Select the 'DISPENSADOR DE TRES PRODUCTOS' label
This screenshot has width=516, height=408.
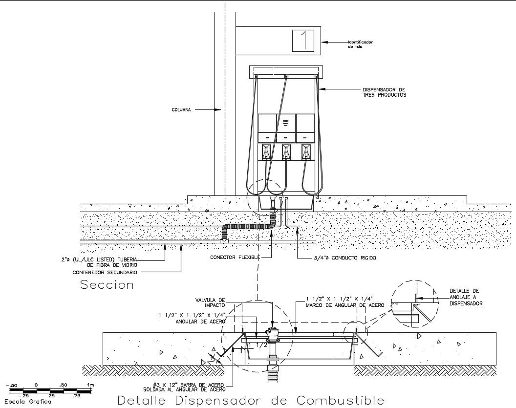pos(384,92)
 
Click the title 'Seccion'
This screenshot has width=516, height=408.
pos(107,285)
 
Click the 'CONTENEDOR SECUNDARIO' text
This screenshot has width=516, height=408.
pos(106,272)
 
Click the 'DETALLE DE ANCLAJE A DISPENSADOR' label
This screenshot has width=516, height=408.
pos(466,297)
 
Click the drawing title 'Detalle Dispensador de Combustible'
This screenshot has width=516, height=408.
pos(251,400)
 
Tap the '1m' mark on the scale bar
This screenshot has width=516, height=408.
pos(90,386)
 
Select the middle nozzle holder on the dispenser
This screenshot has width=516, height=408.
pos(286,152)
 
